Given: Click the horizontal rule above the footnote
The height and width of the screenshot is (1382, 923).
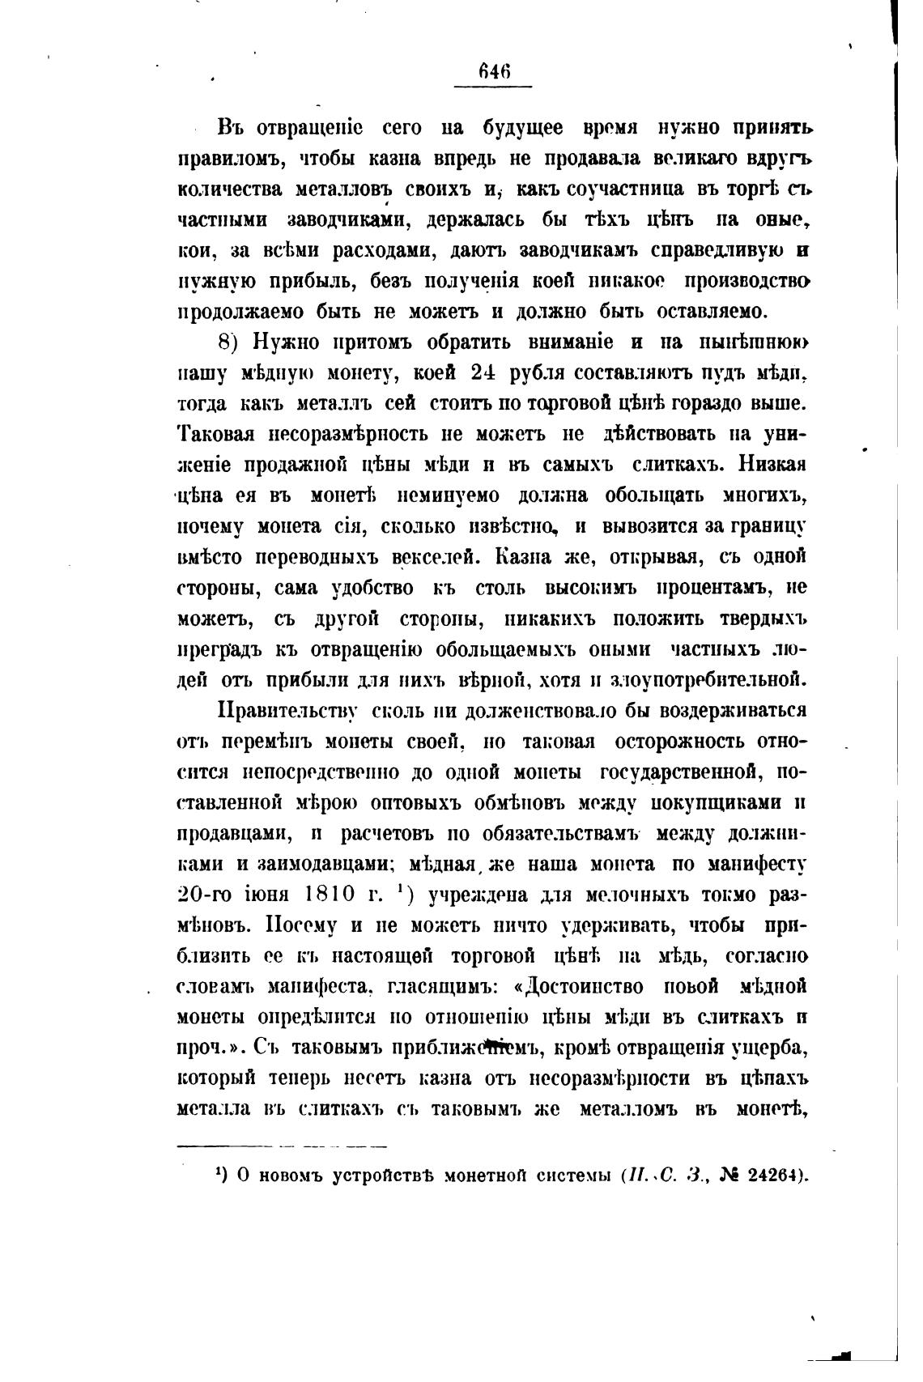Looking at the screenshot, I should [x=282, y=1146].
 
